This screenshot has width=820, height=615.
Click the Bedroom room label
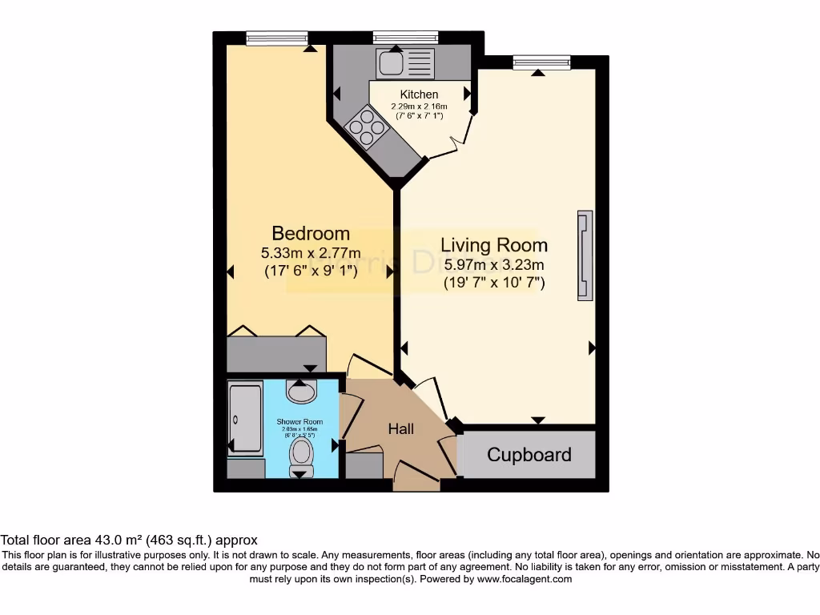(x=311, y=233)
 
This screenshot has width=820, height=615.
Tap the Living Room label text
(x=494, y=245)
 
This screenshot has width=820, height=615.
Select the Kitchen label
(x=419, y=94)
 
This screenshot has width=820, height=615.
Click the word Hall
(x=400, y=429)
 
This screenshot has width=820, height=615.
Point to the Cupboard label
(x=529, y=455)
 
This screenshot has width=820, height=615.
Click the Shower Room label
(x=299, y=422)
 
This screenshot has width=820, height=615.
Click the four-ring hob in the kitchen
(x=364, y=127)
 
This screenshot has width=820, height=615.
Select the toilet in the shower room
(x=302, y=453)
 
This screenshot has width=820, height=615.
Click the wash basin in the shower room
(x=302, y=392)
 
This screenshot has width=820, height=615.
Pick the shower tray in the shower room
(x=245, y=420)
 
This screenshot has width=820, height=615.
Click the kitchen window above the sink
(x=405, y=36)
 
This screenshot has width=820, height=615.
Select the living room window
(x=541, y=60)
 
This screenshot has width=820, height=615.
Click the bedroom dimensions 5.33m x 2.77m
(x=311, y=253)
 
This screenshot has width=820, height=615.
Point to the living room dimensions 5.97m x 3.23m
(x=494, y=265)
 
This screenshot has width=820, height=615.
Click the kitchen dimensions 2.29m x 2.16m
(x=419, y=107)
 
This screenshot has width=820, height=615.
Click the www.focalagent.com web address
(x=525, y=579)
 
